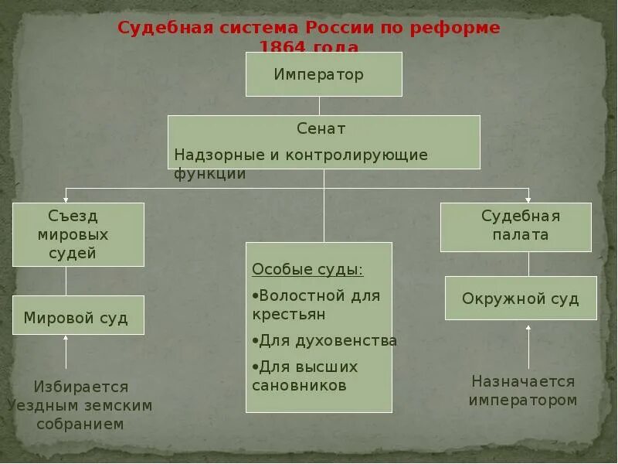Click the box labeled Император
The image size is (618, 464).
(x=324, y=74)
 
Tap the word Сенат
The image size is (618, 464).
(x=321, y=128)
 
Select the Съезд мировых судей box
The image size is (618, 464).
(x=78, y=234)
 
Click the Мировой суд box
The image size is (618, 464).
(x=78, y=317)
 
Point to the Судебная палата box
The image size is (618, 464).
(x=515, y=227)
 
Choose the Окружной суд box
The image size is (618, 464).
(x=521, y=299)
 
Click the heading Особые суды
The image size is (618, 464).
(x=307, y=270)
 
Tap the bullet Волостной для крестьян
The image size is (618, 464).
(x=316, y=305)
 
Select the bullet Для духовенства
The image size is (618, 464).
(x=324, y=340)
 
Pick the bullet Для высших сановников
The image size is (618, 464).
(x=306, y=376)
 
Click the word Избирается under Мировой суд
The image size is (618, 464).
(x=81, y=387)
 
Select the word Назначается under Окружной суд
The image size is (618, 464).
(x=523, y=381)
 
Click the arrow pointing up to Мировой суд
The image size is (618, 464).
(x=66, y=351)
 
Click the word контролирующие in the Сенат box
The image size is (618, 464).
(x=356, y=155)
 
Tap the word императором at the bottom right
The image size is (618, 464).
(x=523, y=400)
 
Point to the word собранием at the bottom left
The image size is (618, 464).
(x=80, y=424)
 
